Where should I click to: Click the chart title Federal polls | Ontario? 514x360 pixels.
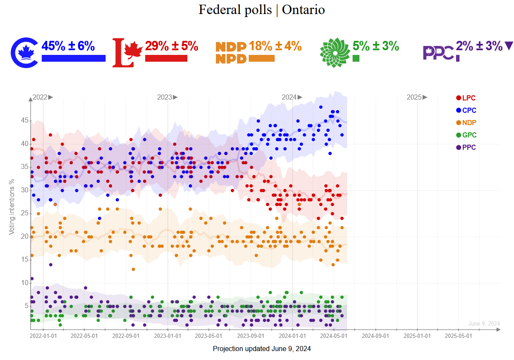pos(261,10)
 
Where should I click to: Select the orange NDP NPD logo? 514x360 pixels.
pos(231,53)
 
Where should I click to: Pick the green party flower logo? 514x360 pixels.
pos(334,52)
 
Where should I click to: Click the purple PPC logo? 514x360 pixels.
pos(437,53)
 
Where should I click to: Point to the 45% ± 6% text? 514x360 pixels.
pos(68,46)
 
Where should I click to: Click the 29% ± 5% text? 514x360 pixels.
pos(172,46)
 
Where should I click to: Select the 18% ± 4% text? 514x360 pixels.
pos(275,46)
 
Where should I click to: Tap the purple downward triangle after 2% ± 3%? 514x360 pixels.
pos(508,46)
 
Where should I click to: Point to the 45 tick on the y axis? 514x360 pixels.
pos(24,121)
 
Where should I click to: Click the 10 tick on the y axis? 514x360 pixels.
pos(24,283)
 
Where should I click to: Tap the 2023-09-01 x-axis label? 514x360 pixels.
pos(250,335)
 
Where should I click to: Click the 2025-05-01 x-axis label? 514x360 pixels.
pos(458,335)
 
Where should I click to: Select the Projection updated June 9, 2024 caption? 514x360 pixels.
pos(261,349)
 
